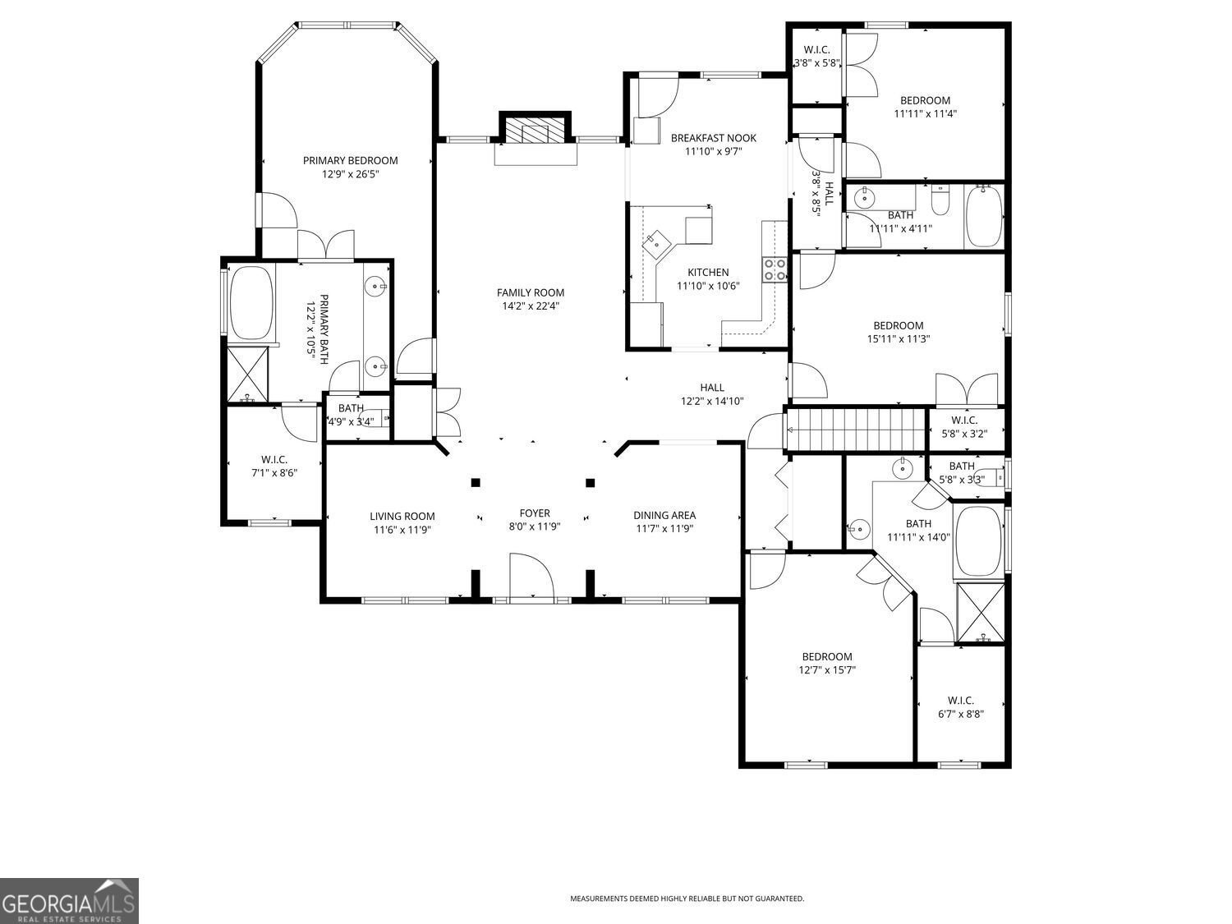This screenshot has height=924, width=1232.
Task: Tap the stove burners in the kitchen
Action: click(775, 269)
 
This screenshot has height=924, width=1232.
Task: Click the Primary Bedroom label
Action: click(350, 160)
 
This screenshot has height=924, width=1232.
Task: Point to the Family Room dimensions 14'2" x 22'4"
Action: click(531, 306)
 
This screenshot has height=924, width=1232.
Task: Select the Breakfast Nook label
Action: click(713, 138)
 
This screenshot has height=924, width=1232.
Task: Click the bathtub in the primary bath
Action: click(251, 301)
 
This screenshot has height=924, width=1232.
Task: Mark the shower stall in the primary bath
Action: click(247, 374)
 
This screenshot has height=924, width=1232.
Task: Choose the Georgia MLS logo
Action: click(69, 900)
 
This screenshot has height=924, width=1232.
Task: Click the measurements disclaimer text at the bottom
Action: click(687, 899)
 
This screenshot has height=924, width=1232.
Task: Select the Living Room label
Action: click(402, 517)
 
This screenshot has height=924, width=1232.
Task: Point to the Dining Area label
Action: click(664, 515)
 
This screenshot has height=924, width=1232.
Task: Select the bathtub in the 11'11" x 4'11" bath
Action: click(983, 216)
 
